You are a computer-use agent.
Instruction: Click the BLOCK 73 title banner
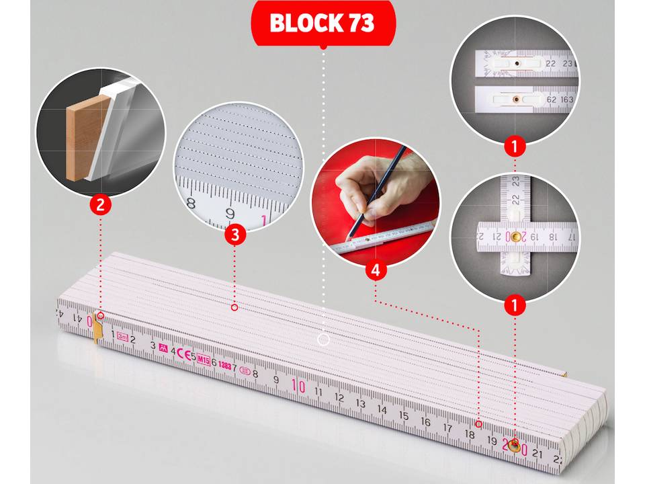[x=322, y=23]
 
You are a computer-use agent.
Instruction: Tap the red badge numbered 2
[x=100, y=204]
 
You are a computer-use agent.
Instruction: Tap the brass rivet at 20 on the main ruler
[x=515, y=444]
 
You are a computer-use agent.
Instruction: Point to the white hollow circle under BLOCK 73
[x=323, y=339]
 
